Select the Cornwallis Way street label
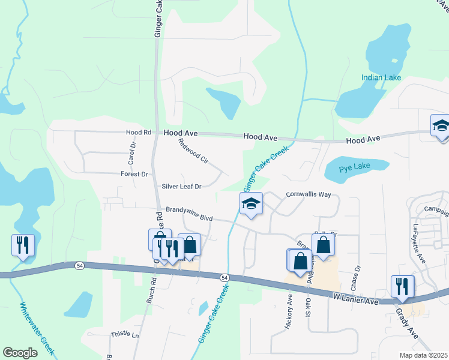[309, 195]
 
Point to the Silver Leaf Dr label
[181, 187]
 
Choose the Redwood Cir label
[193, 152]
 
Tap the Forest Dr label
[134, 174]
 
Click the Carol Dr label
[133, 154]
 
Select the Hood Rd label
[138, 132]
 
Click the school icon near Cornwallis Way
[252, 203]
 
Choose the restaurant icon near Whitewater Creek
[23, 245]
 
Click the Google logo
[20, 353]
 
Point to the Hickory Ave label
[289, 311]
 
